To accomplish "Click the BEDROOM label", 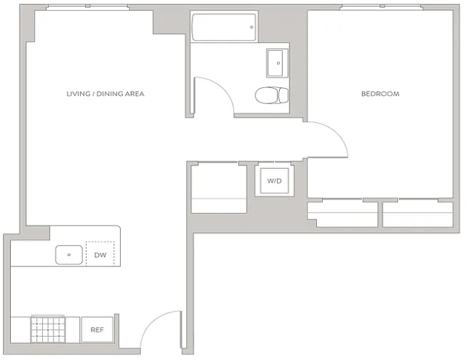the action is [x=380, y=94].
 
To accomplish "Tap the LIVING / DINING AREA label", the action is [x=105, y=94].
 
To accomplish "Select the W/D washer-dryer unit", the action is [x=275, y=181].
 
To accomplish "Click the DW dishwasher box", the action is [x=100, y=254].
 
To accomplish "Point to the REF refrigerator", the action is [x=97, y=329].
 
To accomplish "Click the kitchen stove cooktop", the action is [x=48, y=329].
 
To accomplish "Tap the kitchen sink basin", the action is [x=69, y=255].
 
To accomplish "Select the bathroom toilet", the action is [x=272, y=95].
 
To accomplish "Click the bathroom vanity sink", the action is [x=275, y=63].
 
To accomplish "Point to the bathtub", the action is [x=224, y=27].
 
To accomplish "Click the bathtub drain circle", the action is [x=251, y=28].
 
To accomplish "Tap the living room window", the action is [x=88, y=7].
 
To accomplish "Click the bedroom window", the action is [x=382, y=7].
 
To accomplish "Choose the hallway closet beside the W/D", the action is [x=219, y=188].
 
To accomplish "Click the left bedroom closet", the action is [x=342, y=214].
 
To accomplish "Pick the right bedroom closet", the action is [x=417, y=214].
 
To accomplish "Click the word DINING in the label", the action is [x=109, y=94].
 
